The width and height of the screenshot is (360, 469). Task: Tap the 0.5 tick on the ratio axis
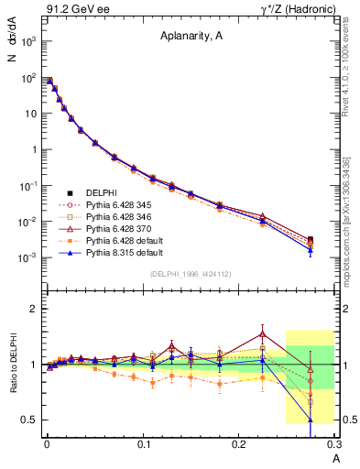27,420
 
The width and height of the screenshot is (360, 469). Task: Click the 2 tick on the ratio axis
31,309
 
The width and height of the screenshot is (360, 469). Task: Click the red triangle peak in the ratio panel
263,333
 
